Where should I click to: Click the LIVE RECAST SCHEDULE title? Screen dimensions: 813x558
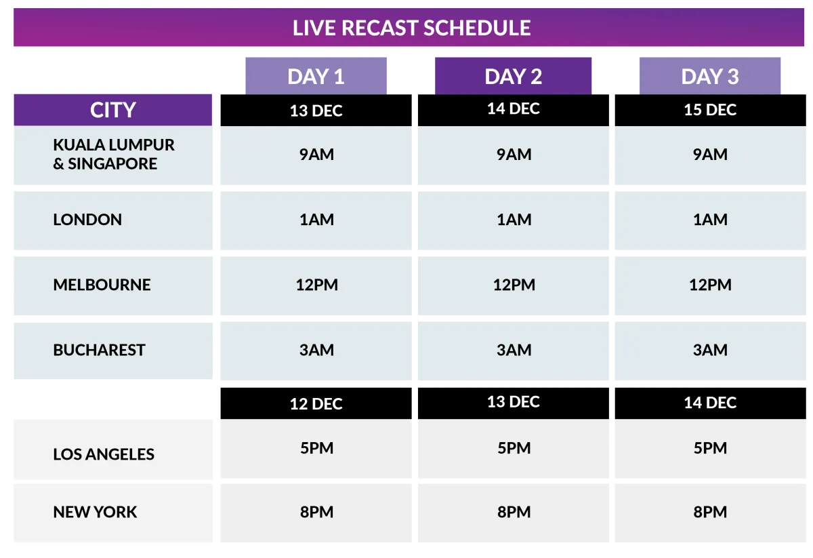tap(412, 28)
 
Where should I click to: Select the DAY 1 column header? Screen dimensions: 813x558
tap(316, 76)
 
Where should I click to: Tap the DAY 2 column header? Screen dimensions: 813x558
tap(514, 76)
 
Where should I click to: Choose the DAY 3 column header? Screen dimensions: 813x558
tap(710, 76)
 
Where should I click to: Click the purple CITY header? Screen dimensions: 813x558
tap(113, 110)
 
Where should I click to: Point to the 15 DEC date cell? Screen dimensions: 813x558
tap(710, 110)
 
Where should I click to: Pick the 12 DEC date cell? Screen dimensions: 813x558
tap(316, 403)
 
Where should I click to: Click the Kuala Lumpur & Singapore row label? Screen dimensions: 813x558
tap(114, 154)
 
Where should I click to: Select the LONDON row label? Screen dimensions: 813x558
tap(87, 220)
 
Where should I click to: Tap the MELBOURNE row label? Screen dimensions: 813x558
tap(102, 285)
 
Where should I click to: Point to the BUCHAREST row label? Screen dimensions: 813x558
tap(99, 350)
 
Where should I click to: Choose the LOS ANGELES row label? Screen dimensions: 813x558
tap(104, 454)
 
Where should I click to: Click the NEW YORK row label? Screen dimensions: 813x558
tap(95, 512)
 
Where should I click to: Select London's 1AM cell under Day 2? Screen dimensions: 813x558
tap(514, 220)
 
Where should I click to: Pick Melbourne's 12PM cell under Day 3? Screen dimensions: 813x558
tap(710, 286)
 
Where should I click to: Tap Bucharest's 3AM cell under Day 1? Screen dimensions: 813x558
tap(316, 351)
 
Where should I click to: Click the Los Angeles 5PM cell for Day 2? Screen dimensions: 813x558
tap(514, 449)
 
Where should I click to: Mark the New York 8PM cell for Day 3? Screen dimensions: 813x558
tap(710, 513)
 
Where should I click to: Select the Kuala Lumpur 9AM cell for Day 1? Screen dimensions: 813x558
tap(316, 155)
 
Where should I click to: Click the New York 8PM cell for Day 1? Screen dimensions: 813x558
tap(316, 513)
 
